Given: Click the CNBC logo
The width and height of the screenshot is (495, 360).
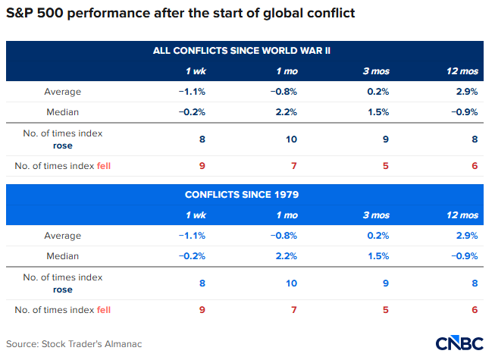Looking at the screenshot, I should pos(459,343).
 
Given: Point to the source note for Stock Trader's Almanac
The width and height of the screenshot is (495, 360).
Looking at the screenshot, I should pos(74,344).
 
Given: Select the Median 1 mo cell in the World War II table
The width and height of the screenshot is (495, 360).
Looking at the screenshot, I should pos(286,112).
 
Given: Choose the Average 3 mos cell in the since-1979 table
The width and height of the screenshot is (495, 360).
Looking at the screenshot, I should pos(378,236).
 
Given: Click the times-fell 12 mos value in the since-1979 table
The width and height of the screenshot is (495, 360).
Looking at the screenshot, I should pos(474,310).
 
